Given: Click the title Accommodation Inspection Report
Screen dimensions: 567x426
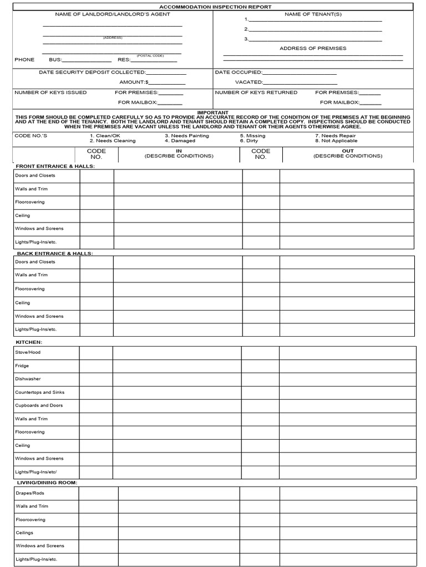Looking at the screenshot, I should pyautogui.click(x=215, y=7).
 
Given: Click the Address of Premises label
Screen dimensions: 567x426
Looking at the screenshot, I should pyautogui.click(x=313, y=48).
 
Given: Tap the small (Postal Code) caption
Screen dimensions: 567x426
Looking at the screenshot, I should pyautogui.click(x=150, y=55).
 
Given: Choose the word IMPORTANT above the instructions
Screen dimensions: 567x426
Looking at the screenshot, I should pyautogui.click(x=213, y=112).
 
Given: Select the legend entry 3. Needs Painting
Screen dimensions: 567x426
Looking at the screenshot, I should pyautogui.click(x=186, y=136).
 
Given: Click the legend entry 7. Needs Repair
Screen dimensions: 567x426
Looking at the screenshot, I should pyautogui.click(x=335, y=136).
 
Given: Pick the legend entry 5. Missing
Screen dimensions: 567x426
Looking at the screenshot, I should pyautogui.click(x=252, y=136).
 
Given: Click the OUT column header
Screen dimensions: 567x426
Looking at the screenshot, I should pyautogui.click(x=347, y=151).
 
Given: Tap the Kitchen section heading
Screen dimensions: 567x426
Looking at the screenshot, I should pyautogui.click(x=29, y=342).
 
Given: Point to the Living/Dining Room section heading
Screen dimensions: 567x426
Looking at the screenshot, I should pyautogui.click(x=46, y=482).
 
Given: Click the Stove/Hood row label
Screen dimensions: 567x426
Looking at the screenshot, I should pyautogui.click(x=28, y=352).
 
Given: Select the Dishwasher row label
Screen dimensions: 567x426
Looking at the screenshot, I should pyautogui.click(x=28, y=379).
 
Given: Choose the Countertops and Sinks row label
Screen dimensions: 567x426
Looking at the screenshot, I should pyautogui.click(x=39, y=393).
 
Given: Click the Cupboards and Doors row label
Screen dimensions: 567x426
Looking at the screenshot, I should pyautogui.click(x=39, y=405).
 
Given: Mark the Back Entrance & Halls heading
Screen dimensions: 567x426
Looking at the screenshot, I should pyautogui.click(x=55, y=253).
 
